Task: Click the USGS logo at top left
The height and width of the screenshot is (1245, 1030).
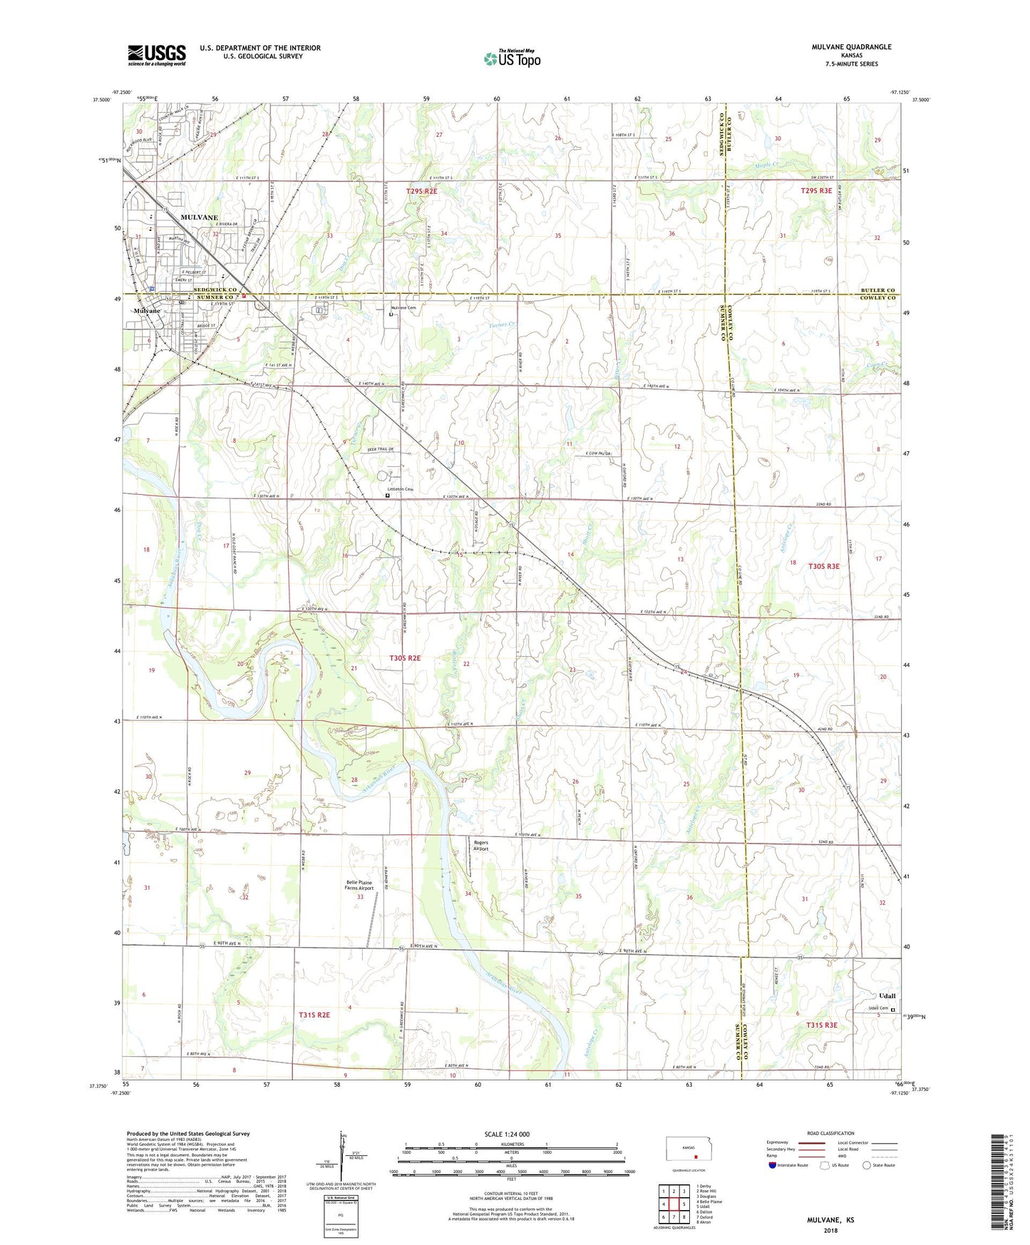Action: (157, 55)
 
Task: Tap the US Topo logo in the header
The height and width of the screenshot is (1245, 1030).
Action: (511, 58)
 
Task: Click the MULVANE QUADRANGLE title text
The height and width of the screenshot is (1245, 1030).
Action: (851, 47)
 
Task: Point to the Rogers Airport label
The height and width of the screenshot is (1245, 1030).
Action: (481, 846)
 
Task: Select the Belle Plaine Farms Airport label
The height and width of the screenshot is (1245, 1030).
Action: (359, 885)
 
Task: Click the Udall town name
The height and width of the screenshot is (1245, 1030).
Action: (887, 995)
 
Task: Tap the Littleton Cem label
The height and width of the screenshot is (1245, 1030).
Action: (400, 489)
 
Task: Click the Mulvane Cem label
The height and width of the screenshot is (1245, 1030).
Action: (403, 307)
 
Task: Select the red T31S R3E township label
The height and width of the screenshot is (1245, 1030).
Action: (821, 1025)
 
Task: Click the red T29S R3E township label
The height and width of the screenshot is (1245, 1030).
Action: (816, 190)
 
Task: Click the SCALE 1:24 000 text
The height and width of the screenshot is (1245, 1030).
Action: (507, 1134)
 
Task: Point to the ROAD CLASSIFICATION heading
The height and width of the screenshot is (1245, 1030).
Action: (831, 1133)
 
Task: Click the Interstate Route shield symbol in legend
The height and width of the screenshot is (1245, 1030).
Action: (773, 1165)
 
